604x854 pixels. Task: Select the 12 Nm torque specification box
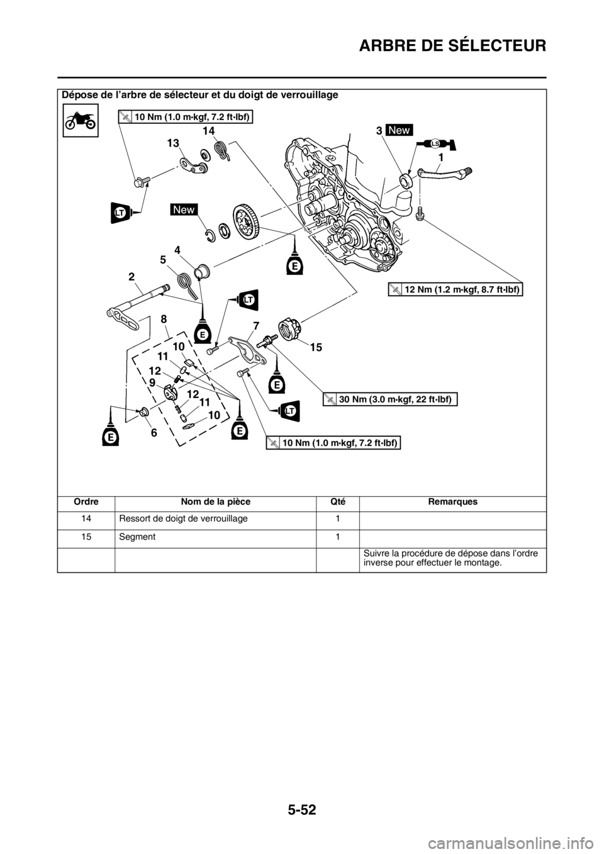456,289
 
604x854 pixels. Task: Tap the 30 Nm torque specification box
390,399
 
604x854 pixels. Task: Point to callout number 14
209,130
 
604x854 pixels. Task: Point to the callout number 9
152,382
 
